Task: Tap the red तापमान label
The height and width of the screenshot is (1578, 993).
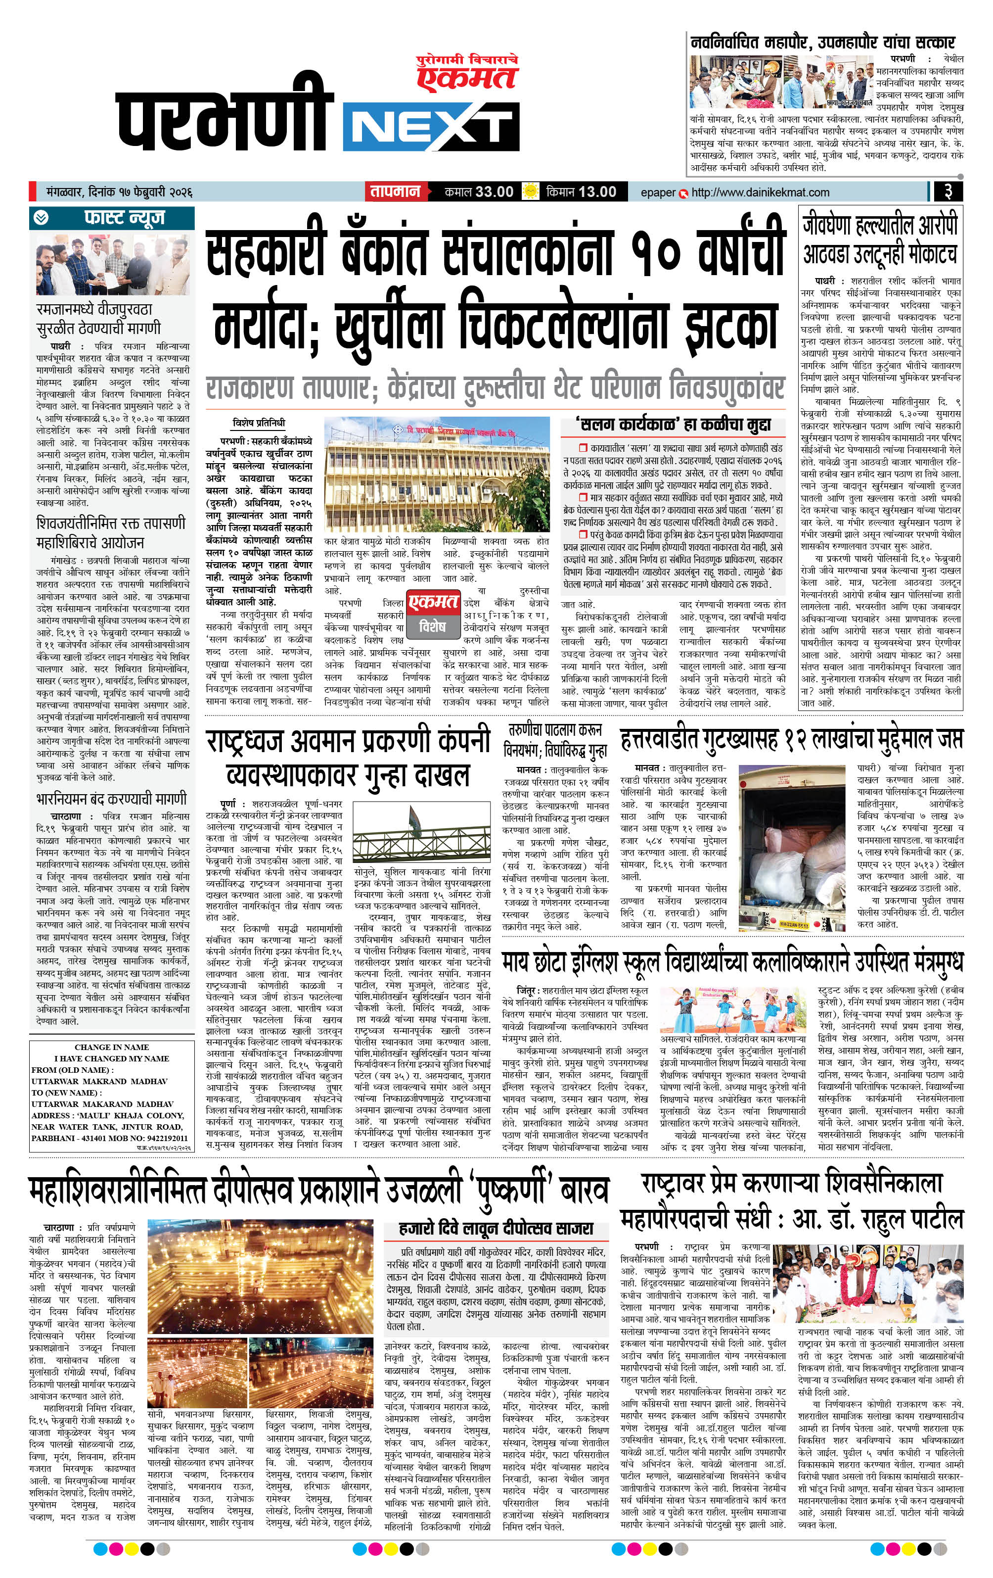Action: coord(395,192)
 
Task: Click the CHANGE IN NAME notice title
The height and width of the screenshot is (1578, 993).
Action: coord(111,1047)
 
